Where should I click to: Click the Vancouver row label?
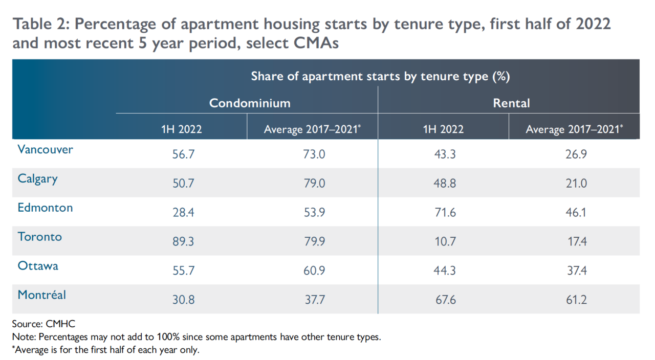point(46,149)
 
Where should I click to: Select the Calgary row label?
point(37,179)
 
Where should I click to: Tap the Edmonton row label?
point(46,208)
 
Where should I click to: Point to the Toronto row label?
point(40,237)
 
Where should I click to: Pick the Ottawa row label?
point(38,266)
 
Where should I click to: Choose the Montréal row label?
point(42,295)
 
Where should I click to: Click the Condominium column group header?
point(250,103)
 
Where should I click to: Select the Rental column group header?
point(511,103)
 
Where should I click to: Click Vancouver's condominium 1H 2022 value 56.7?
point(183,154)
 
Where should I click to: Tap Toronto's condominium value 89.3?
point(183,241)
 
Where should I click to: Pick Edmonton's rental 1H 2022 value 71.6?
point(445,212)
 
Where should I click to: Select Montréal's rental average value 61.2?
point(576,300)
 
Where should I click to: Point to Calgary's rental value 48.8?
point(445,183)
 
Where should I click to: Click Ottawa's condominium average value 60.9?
point(314,271)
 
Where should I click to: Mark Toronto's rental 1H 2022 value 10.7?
point(445,241)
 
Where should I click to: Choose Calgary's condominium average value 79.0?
point(314,183)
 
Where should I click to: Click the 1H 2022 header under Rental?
point(443,129)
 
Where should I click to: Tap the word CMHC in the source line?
point(60,324)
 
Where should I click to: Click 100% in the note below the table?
point(168,337)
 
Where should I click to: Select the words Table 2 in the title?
point(41,24)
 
